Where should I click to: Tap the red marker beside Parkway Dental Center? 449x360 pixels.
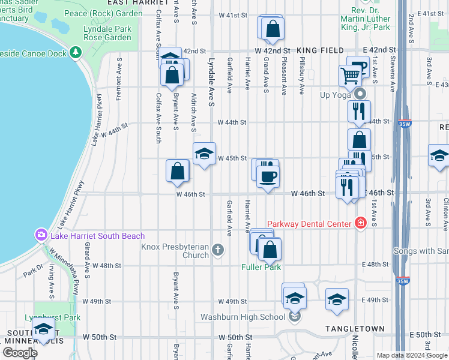click(x=360, y=223)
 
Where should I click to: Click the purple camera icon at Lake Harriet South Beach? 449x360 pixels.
click(x=41, y=235)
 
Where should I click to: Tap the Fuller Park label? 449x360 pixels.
click(x=262, y=266)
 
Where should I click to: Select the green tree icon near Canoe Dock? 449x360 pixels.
click(x=76, y=52)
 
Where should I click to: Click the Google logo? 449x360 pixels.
click(x=20, y=352)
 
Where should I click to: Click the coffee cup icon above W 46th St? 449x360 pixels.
click(x=268, y=176)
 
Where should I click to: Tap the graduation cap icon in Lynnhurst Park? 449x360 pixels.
click(x=43, y=329)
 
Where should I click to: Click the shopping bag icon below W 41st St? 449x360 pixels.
click(x=273, y=28)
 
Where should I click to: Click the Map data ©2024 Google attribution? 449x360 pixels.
click(x=411, y=355)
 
